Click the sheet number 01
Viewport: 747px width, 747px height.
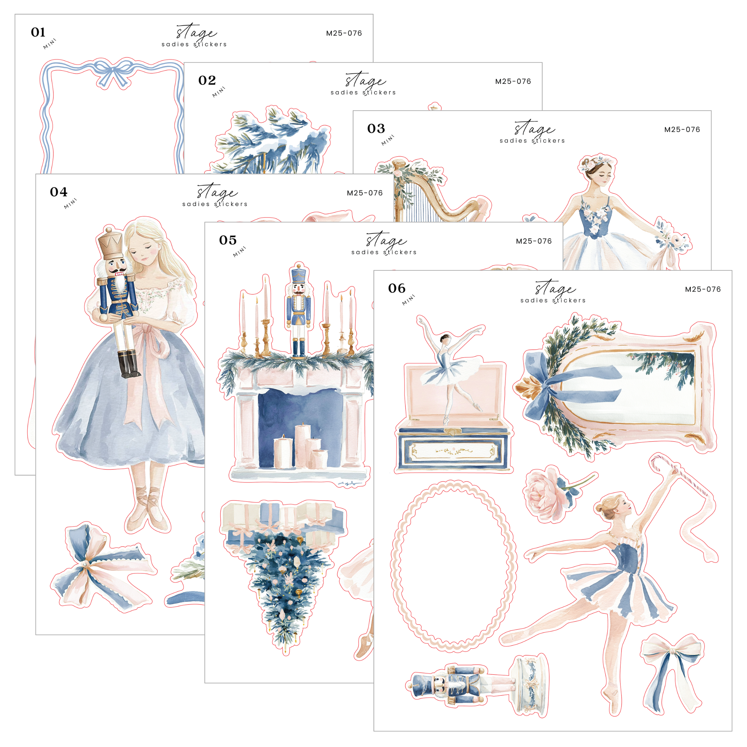tap(38, 32)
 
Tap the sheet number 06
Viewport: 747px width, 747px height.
tap(397, 288)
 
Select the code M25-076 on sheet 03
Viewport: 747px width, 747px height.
tap(682, 130)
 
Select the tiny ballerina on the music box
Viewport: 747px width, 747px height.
tap(450, 371)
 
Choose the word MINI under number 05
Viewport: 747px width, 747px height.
tap(239, 252)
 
